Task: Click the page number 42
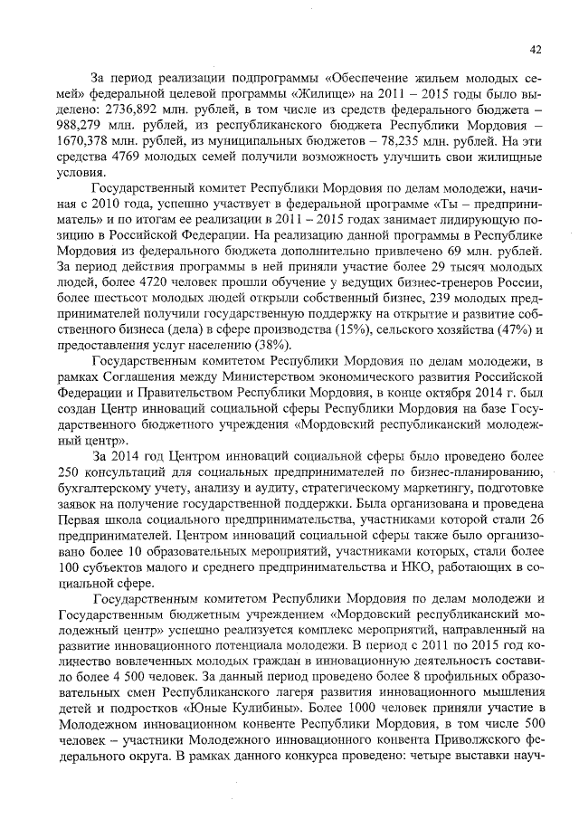(535, 49)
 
